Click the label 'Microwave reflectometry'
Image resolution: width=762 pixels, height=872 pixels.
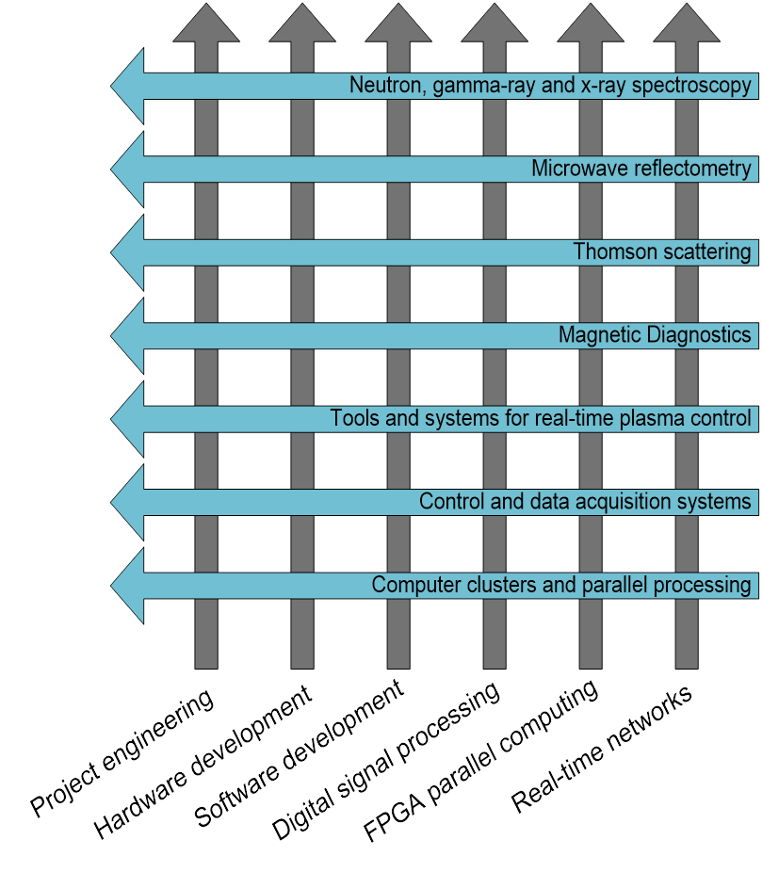(641, 169)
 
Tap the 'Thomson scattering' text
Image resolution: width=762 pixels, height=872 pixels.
(662, 252)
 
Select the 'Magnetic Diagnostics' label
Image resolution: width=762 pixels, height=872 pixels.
(655, 335)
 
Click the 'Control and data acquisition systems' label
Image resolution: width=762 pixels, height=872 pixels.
(585, 502)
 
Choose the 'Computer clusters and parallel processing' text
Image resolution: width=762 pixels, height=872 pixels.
(561, 585)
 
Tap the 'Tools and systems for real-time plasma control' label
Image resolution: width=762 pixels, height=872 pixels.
(541, 418)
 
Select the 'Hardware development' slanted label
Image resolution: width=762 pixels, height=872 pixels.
(203, 764)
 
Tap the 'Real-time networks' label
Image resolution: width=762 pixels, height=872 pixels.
(602, 749)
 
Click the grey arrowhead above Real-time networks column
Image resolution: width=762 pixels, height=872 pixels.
(687, 24)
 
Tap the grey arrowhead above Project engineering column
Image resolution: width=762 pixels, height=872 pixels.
(206, 24)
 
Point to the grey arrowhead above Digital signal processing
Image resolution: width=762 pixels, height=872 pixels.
(494, 24)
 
